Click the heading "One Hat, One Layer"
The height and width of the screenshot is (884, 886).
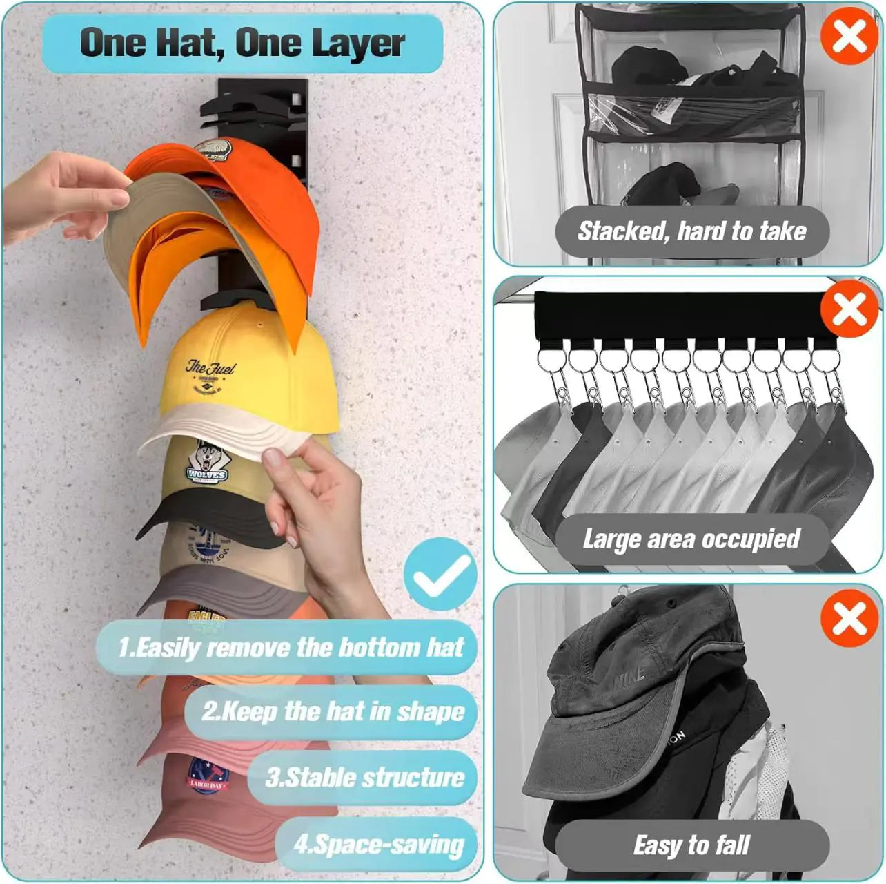point(242,43)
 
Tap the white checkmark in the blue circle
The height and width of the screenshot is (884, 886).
point(440,574)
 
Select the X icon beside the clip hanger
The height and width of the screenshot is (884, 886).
point(849,309)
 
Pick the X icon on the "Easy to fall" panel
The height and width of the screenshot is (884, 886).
point(849,617)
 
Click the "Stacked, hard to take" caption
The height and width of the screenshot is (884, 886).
point(691,231)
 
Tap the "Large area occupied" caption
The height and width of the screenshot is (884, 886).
point(691,539)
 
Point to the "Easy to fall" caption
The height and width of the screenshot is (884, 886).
point(691,845)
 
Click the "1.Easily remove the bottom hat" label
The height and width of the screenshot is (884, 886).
point(290,648)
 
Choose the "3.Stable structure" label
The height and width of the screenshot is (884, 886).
point(364,778)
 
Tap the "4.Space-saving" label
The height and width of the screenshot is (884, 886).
point(378,844)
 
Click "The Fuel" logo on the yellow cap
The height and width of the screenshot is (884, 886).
point(210,377)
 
